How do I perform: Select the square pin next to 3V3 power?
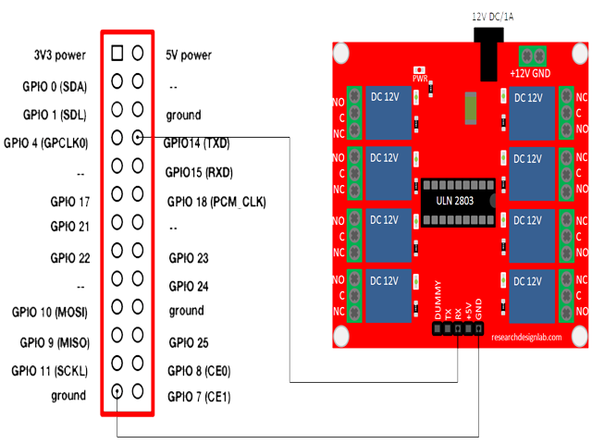click(117, 53)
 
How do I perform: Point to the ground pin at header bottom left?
click(117, 391)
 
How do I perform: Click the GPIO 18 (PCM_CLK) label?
click(216, 201)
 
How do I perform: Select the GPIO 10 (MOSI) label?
click(56, 312)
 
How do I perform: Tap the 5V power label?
click(189, 55)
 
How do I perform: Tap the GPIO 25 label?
click(189, 342)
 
